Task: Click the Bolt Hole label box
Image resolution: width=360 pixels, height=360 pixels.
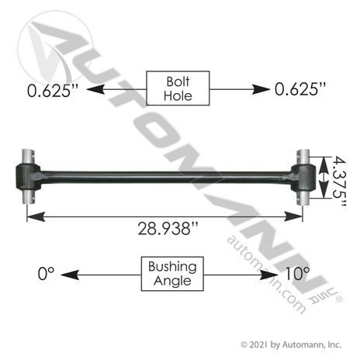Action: (x=178, y=88)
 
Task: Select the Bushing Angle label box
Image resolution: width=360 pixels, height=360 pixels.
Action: (x=172, y=274)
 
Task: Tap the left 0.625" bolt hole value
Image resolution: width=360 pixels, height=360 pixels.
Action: (x=53, y=91)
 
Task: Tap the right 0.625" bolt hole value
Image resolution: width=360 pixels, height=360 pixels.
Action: (x=300, y=89)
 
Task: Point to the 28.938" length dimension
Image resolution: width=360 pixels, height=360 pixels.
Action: (x=168, y=229)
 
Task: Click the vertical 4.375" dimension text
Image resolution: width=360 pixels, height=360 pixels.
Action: (x=339, y=182)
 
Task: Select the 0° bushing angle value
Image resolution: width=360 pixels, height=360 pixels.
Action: (x=46, y=274)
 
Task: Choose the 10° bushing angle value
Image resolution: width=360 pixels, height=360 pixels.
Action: (x=297, y=274)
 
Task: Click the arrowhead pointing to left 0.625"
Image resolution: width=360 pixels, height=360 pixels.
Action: (x=95, y=89)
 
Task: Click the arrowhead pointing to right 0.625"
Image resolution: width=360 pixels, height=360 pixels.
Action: (x=261, y=89)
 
